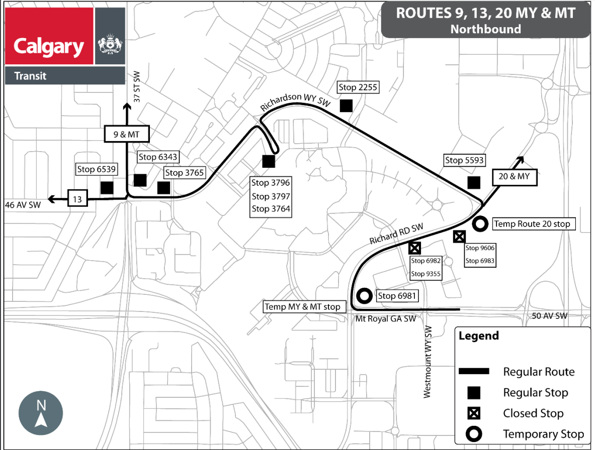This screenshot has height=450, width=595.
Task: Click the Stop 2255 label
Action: [x=358, y=87]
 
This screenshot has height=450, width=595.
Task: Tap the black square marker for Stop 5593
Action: [x=473, y=182]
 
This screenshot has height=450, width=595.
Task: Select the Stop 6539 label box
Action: [x=93, y=169]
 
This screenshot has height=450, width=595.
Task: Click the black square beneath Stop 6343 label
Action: [x=140, y=180]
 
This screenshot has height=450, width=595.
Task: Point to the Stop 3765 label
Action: [x=184, y=173]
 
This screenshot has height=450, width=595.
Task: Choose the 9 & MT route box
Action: [x=126, y=134]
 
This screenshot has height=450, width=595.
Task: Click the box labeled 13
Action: [x=77, y=199]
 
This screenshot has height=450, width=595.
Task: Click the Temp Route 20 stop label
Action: [x=532, y=224]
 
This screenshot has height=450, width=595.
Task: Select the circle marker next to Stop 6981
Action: [x=364, y=296]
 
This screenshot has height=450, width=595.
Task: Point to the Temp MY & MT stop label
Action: [x=303, y=306]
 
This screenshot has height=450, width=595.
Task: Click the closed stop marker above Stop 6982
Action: [x=414, y=248]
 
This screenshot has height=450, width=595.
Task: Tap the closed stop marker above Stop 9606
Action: [x=459, y=237]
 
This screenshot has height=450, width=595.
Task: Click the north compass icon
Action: [x=41, y=414]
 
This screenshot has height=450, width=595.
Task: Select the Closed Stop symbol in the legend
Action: [x=474, y=413]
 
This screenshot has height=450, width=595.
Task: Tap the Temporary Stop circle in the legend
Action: [x=474, y=434]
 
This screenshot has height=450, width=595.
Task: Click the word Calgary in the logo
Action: [x=49, y=47]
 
